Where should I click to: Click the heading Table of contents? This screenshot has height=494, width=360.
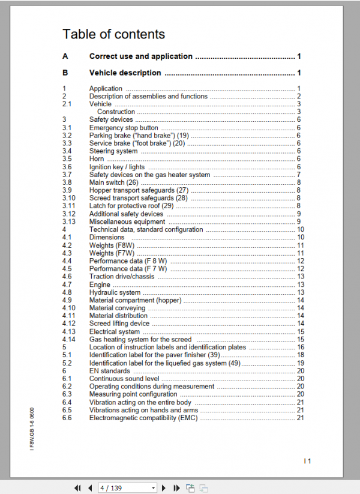pyautogui.click(x=113, y=34)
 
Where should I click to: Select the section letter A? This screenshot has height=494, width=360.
pyautogui.click(x=65, y=56)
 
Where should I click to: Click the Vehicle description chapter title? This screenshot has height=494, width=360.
pyautogui.click(x=125, y=73)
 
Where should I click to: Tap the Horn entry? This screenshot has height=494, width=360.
pyautogui.click(x=97, y=159)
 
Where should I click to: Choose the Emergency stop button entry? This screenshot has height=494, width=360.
pyautogui.click(x=124, y=128)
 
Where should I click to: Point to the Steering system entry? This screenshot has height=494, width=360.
pyautogui.click(x=113, y=151)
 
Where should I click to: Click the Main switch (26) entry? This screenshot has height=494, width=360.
pyautogui.click(x=113, y=182)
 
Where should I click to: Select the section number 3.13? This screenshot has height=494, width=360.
pyautogui.click(x=68, y=221)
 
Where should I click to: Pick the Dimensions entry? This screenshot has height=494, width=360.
pyautogui.click(x=107, y=237)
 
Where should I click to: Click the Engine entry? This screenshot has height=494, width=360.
pyautogui.click(x=100, y=285)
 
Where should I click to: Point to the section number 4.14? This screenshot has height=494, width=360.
pyautogui.click(x=68, y=339)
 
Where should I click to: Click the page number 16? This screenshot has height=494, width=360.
pyautogui.click(x=301, y=347)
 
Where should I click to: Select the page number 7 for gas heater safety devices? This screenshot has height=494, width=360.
pyautogui.click(x=298, y=175)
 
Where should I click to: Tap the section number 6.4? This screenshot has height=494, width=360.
pyautogui.click(x=67, y=402)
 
